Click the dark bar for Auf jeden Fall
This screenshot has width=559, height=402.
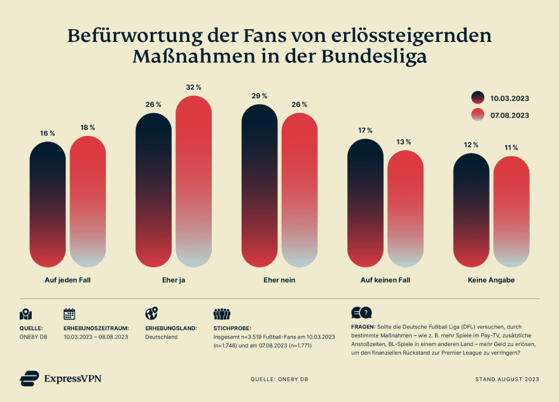pyautogui.click(x=48, y=204)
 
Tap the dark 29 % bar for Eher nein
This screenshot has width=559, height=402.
pyautogui.click(x=260, y=185)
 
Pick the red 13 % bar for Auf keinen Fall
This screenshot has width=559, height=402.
pyautogui.click(x=405, y=208)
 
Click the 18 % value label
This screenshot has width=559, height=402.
pyautogui.click(x=87, y=128)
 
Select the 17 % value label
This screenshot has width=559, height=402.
pyautogui.click(x=365, y=131)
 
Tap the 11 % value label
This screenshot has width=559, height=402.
pyautogui.click(x=511, y=147)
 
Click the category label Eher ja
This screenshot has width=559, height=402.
pyautogui.click(x=173, y=279)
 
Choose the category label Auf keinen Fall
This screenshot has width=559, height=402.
pyautogui.click(x=385, y=279)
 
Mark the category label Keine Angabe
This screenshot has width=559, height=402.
pyautogui.click(x=491, y=279)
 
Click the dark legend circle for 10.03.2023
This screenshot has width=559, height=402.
pyautogui.click(x=478, y=98)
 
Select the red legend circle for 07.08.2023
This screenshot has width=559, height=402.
pyautogui.click(x=478, y=115)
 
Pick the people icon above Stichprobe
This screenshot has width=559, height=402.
pyautogui.click(x=221, y=314)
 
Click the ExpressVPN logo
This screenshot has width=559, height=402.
pyautogui.click(x=60, y=379)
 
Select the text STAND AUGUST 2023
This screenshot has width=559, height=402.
pyautogui.click(x=507, y=379)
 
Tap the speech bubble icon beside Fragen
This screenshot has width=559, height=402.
pyautogui.click(x=361, y=312)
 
